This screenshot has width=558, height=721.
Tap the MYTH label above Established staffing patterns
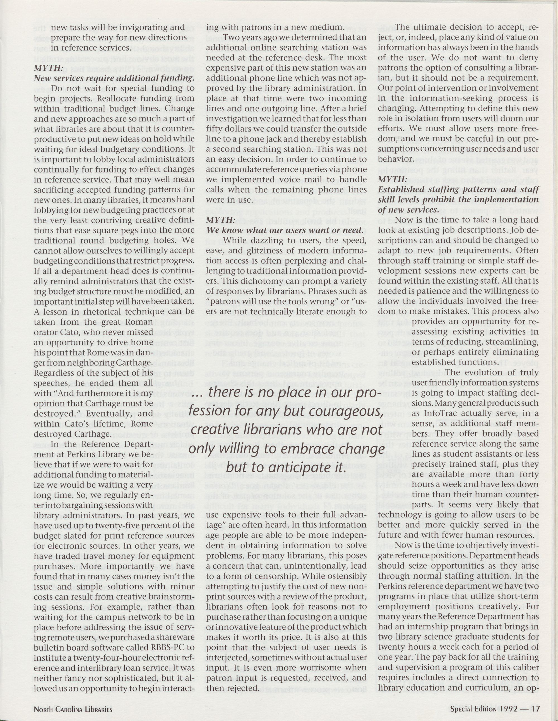[x=390, y=179]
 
